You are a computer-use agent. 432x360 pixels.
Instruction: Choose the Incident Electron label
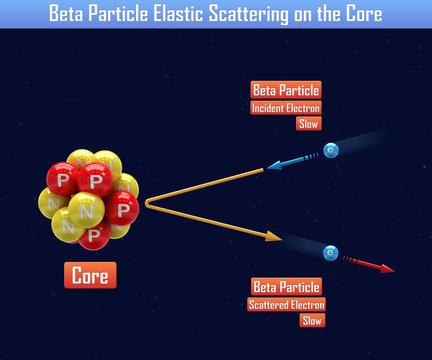click(x=286, y=108)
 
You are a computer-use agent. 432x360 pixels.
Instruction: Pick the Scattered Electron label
click(x=287, y=305)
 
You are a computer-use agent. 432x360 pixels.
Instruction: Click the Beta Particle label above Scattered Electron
click(x=287, y=287)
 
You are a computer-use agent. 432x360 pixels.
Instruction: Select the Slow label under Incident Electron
click(x=308, y=124)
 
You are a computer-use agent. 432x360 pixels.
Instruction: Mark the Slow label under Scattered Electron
click(x=312, y=321)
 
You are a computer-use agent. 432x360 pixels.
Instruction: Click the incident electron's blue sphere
click(x=331, y=150)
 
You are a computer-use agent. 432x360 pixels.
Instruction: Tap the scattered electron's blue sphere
click(x=329, y=252)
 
